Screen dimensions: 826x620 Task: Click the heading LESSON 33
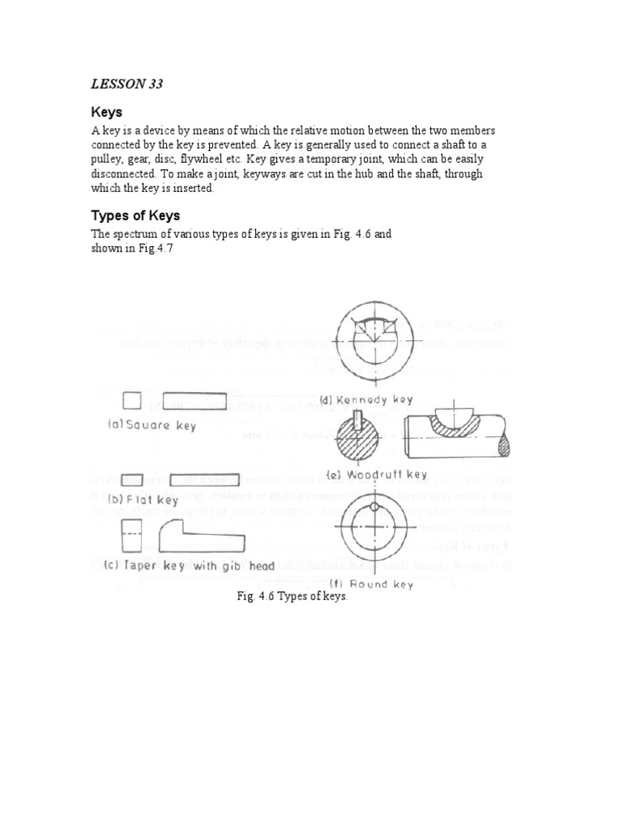(x=126, y=85)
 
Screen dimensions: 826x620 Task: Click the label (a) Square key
(x=152, y=425)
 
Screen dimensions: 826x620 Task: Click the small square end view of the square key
(x=132, y=401)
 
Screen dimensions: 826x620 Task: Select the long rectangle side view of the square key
(x=195, y=401)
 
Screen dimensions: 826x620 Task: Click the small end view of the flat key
(x=132, y=480)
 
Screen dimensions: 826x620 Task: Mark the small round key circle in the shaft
(x=374, y=507)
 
